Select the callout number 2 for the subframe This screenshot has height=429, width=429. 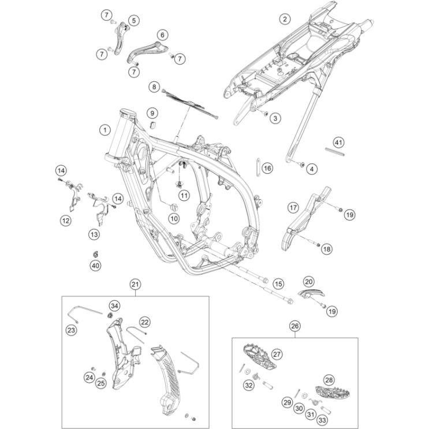pyautogui.click(x=284, y=19)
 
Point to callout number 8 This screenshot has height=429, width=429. pyautogui.click(x=154, y=87)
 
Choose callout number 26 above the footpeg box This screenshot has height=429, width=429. pyautogui.click(x=294, y=326)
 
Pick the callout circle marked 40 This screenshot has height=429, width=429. pyautogui.click(x=95, y=265)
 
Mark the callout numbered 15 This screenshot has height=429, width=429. pyautogui.click(x=278, y=283)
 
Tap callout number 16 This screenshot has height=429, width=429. pyautogui.click(x=267, y=168)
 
